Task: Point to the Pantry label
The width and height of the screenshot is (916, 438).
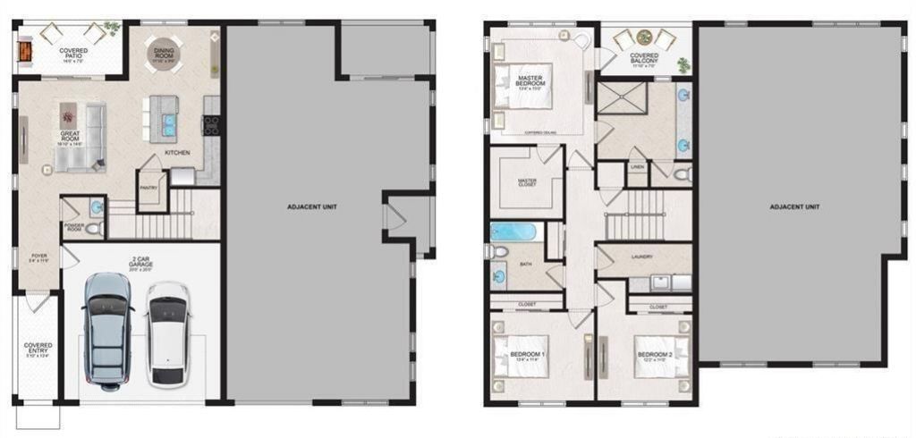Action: (x=148, y=188)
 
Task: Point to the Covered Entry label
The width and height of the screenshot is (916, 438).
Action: (x=38, y=349)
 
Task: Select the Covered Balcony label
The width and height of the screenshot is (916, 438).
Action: (x=644, y=59)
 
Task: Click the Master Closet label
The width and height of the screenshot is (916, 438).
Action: (x=528, y=183)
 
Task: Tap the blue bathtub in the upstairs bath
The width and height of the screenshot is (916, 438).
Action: (x=513, y=232)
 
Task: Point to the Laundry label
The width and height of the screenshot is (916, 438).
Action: (x=641, y=257)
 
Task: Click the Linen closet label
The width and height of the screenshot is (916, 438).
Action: (x=637, y=167)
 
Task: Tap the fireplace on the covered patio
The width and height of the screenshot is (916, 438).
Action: (x=23, y=52)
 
